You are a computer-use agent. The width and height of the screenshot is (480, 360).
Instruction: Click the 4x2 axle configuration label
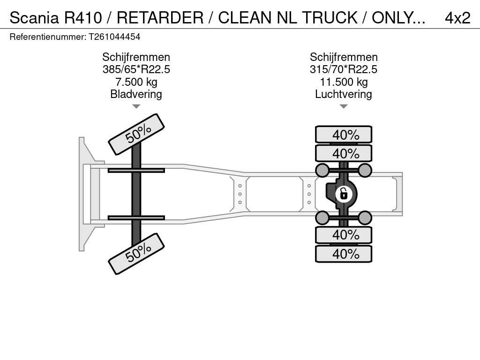click(x=457, y=17)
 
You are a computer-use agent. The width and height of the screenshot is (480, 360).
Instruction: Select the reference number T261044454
click(x=114, y=37)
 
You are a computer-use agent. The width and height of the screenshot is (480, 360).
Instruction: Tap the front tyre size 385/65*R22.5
click(x=136, y=69)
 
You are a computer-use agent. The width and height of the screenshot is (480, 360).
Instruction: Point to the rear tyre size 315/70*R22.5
click(x=343, y=69)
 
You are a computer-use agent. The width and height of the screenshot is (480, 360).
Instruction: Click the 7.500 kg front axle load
click(x=136, y=82)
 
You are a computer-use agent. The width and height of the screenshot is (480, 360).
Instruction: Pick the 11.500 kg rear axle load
click(x=343, y=82)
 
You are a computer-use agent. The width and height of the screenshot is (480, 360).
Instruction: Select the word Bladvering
click(x=136, y=94)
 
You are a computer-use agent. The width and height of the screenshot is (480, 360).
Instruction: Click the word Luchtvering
click(x=343, y=94)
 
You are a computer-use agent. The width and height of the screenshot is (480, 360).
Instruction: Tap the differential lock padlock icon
click(x=344, y=193)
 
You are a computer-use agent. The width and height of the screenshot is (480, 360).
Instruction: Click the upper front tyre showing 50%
click(x=136, y=134)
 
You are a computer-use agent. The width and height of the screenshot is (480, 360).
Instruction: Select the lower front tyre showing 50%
click(x=136, y=254)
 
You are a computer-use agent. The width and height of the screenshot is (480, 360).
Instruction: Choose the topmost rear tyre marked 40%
click(x=344, y=135)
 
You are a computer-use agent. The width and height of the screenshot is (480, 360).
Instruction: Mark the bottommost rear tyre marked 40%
click(x=344, y=254)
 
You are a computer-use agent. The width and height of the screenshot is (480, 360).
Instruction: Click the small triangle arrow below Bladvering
click(x=136, y=106)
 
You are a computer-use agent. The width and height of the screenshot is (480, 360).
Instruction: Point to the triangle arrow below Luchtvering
click(x=343, y=106)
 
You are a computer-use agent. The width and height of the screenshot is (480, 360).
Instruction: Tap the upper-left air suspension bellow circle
click(x=322, y=170)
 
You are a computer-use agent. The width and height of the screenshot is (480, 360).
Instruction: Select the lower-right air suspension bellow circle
click(x=365, y=217)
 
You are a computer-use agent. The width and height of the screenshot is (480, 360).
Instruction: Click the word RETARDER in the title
click(x=160, y=17)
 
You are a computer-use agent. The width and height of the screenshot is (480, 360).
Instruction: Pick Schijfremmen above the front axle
click(x=136, y=57)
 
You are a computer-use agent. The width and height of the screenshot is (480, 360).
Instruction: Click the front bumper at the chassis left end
click(x=84, y=194)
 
